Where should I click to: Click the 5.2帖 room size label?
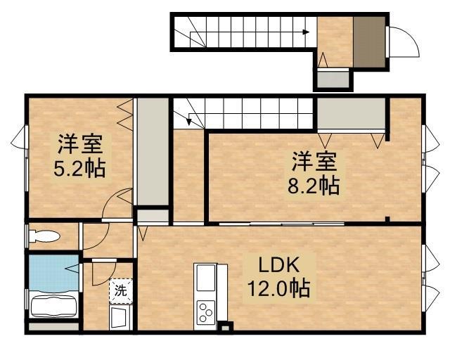click(x=79, y=169)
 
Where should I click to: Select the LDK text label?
click(x=279, y=266)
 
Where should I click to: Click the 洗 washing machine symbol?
click(x=120, y=289)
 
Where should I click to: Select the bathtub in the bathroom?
click(x=53, y=307)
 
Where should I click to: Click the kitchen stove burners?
click(x=207, y=310)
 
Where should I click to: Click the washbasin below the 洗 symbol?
click(x=120, y=316)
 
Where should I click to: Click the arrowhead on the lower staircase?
click(x=189, y=121)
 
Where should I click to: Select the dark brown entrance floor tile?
click(x=369, y=41)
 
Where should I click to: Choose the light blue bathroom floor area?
click(x=53, y=271)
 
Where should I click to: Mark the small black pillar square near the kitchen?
click(x=225, y=326)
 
